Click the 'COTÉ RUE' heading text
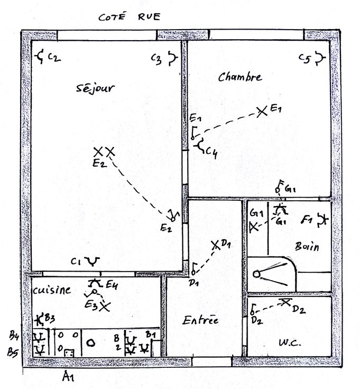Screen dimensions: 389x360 (129, 17)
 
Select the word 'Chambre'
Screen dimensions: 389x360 (239, 77)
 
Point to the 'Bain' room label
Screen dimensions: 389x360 (307, 247)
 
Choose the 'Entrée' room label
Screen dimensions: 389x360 (200, 320)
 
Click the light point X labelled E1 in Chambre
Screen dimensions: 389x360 (261, 112)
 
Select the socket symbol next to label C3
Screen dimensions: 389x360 (172, 58)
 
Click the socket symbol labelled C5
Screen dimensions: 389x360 (319, 58)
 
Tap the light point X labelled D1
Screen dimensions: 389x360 (215, 245)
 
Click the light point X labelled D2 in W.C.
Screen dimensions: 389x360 (285, 302)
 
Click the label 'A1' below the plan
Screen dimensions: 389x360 (67, 377)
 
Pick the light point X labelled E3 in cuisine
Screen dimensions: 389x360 (105, 305)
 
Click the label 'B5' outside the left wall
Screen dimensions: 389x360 (14, 350)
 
